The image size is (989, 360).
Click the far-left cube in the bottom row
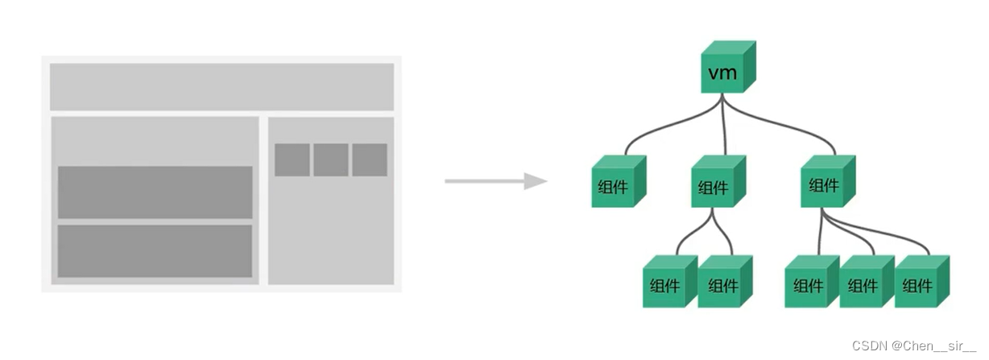[x=668, y=283]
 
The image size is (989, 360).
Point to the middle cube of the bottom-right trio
[x=864, y=283]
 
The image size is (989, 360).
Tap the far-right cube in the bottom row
[x=920, y=283]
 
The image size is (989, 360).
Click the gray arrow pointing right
[x=495, y=181]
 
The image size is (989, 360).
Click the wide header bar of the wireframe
[x=221, y=87]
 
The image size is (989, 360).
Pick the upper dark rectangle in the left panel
[x=155, y=192]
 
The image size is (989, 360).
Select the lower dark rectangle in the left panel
[x=155, y=250]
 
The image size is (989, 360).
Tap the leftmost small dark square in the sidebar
[x=292, y=159]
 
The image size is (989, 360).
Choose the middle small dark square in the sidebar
[x=331, y=159]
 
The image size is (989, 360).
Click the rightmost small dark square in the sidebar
[x=370, y=159]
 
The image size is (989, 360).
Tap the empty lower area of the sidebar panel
[x=331, y=234]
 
